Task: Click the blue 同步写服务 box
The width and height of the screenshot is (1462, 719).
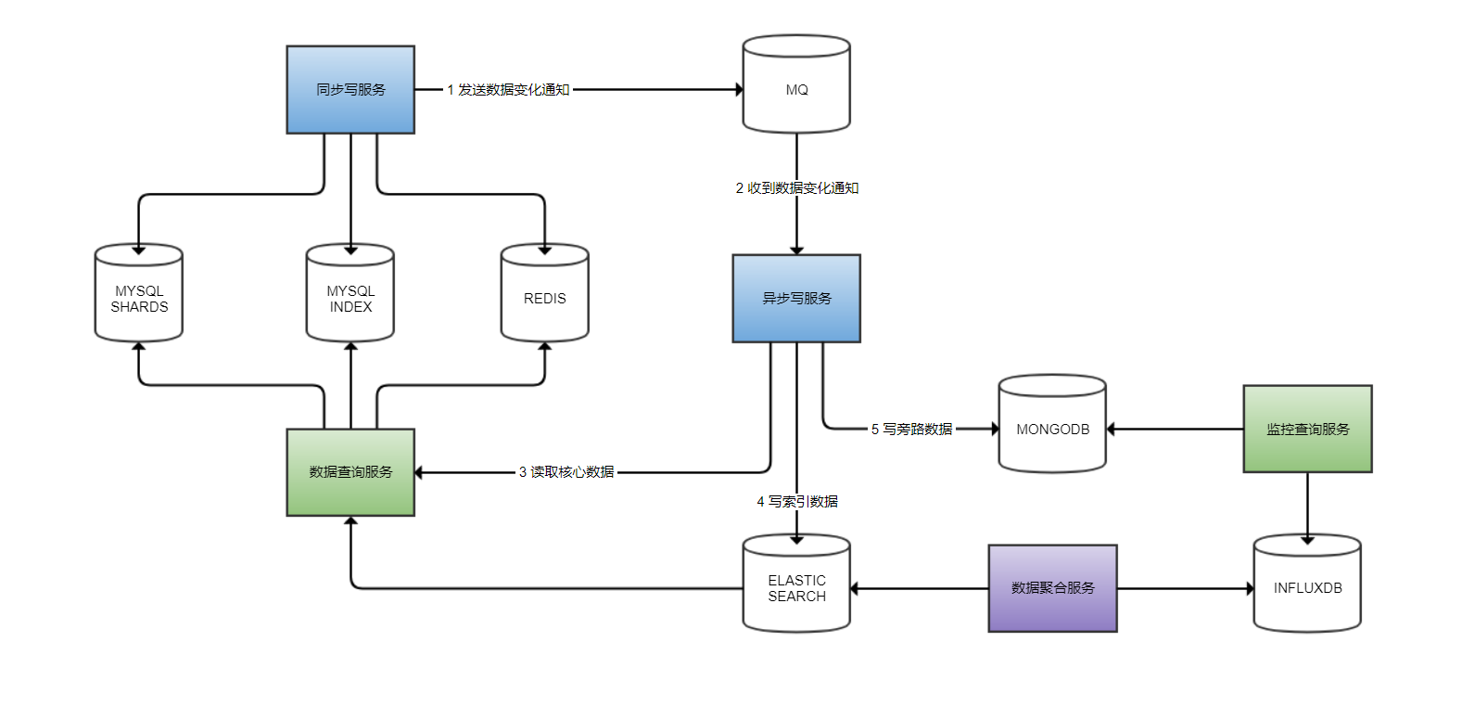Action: [350, 90]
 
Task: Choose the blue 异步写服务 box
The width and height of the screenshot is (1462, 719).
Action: [796, 299]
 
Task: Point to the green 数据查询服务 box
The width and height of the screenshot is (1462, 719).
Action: [350, 472]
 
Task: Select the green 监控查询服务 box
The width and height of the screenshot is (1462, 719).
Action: [1307, 430]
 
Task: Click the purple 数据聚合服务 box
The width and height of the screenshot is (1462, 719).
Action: [1052, 588]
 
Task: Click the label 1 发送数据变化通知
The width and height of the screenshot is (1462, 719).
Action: [508, 90]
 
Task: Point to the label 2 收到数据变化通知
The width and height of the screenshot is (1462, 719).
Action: [797, 188]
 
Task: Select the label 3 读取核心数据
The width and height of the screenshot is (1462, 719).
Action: [566, 472]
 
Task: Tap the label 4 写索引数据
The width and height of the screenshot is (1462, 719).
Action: [797, 502]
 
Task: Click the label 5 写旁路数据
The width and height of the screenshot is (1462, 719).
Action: [912, 430]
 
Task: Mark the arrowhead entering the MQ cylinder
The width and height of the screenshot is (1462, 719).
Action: [739, 90]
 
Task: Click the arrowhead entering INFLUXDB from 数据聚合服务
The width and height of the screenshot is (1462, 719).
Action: [1250, 588]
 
